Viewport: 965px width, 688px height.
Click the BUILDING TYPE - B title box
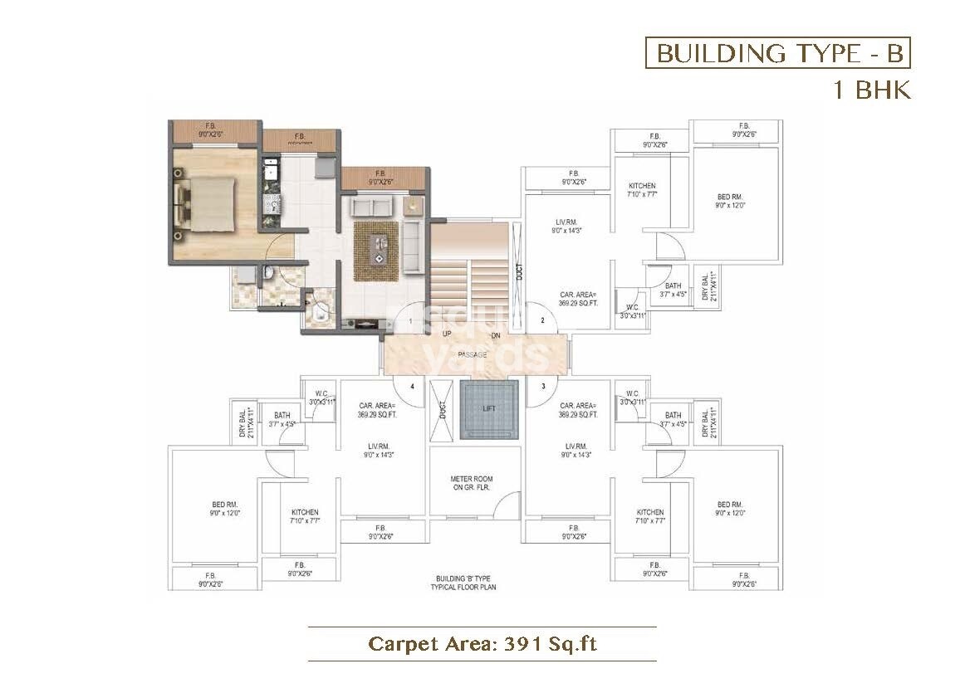(778, 53)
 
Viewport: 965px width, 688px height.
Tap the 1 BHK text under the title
(872, 90)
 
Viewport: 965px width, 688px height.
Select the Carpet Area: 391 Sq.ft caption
(482, 643)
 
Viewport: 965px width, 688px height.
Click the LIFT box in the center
(488, 409)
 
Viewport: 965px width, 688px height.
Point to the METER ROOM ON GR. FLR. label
(471, 483)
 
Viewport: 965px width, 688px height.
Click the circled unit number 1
(409, 320)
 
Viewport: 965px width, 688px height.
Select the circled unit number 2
(542, 320)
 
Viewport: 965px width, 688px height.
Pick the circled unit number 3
(542, 386)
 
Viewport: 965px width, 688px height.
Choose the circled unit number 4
(410, 386)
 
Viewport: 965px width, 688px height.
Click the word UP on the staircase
(447, 334)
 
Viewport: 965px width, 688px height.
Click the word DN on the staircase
(495, 334)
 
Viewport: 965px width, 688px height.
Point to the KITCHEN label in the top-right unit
(642, 186)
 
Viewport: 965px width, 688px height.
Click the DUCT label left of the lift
(443, 409)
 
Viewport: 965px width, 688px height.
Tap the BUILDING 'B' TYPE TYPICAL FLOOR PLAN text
(463, 582)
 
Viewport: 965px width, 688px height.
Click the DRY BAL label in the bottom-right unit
(706, 423)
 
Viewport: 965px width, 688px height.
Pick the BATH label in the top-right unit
(673, 285)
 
